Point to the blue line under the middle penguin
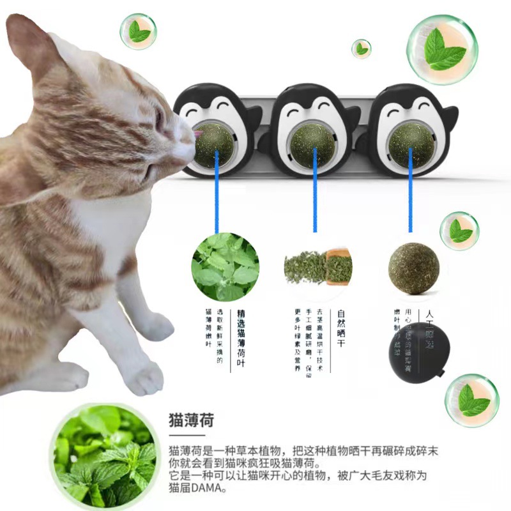[314, 198]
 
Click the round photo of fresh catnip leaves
[225, 267]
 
